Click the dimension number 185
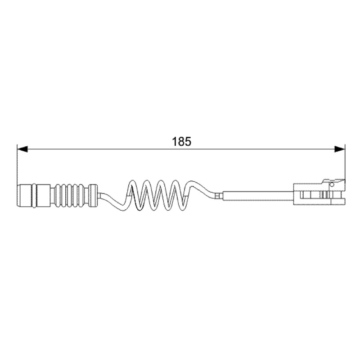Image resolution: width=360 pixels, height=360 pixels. click(181, 141)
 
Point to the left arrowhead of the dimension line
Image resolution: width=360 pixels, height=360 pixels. click(22, 149)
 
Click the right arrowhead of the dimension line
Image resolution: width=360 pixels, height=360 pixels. click(340, 149)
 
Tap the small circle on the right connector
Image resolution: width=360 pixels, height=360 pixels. click(332, 184)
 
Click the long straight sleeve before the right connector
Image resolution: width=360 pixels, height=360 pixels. click(258, 196)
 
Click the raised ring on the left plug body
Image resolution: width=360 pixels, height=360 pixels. click(34, 196)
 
